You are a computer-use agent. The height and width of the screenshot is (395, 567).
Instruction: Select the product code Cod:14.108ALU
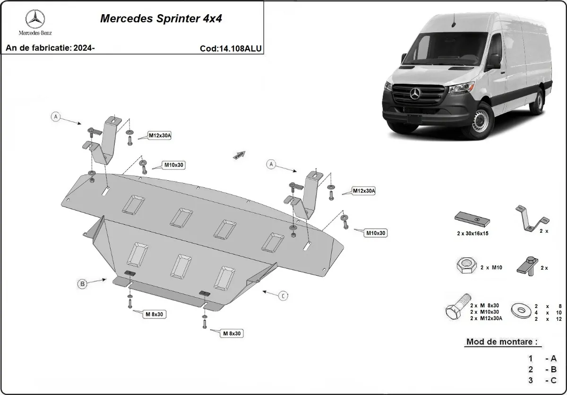pyautogui.click(x=231, y=48)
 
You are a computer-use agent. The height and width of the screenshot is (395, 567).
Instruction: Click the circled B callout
pyautogui.click(x=82, y=284)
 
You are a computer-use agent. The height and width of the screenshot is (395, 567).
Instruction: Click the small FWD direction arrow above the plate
pyautogui.click(x=239, y=155)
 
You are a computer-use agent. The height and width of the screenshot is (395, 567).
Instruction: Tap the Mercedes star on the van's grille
pyautogui.click(x=415, y=93)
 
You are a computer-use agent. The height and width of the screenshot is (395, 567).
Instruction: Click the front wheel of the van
pyautogui.click(x=480, y=123)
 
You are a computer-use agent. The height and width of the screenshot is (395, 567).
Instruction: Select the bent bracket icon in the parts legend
pyautogui.click(x=532, y=220)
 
